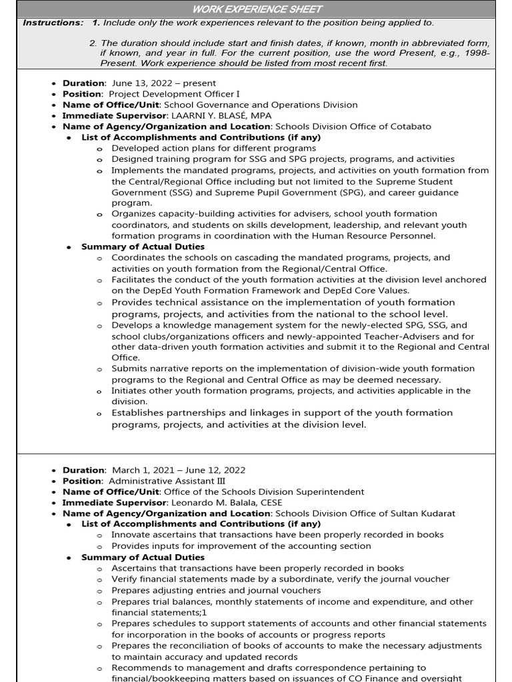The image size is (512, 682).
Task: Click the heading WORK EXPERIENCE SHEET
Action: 257,9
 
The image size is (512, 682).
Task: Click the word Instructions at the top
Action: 53,23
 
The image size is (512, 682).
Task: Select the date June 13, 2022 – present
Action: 163,83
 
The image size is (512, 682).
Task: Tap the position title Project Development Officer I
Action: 174,94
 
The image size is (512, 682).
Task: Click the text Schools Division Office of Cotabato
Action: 353,126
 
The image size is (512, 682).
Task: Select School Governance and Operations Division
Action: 261,105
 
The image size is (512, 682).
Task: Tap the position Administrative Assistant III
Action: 167,481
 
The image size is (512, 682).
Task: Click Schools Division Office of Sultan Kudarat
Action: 365,513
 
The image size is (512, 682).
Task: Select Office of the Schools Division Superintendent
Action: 264,492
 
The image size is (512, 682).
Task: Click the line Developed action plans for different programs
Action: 213,148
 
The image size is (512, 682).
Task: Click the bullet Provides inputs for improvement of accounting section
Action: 241,545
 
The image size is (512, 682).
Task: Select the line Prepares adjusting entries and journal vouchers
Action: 216,590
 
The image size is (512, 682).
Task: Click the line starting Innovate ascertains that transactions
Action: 277,535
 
